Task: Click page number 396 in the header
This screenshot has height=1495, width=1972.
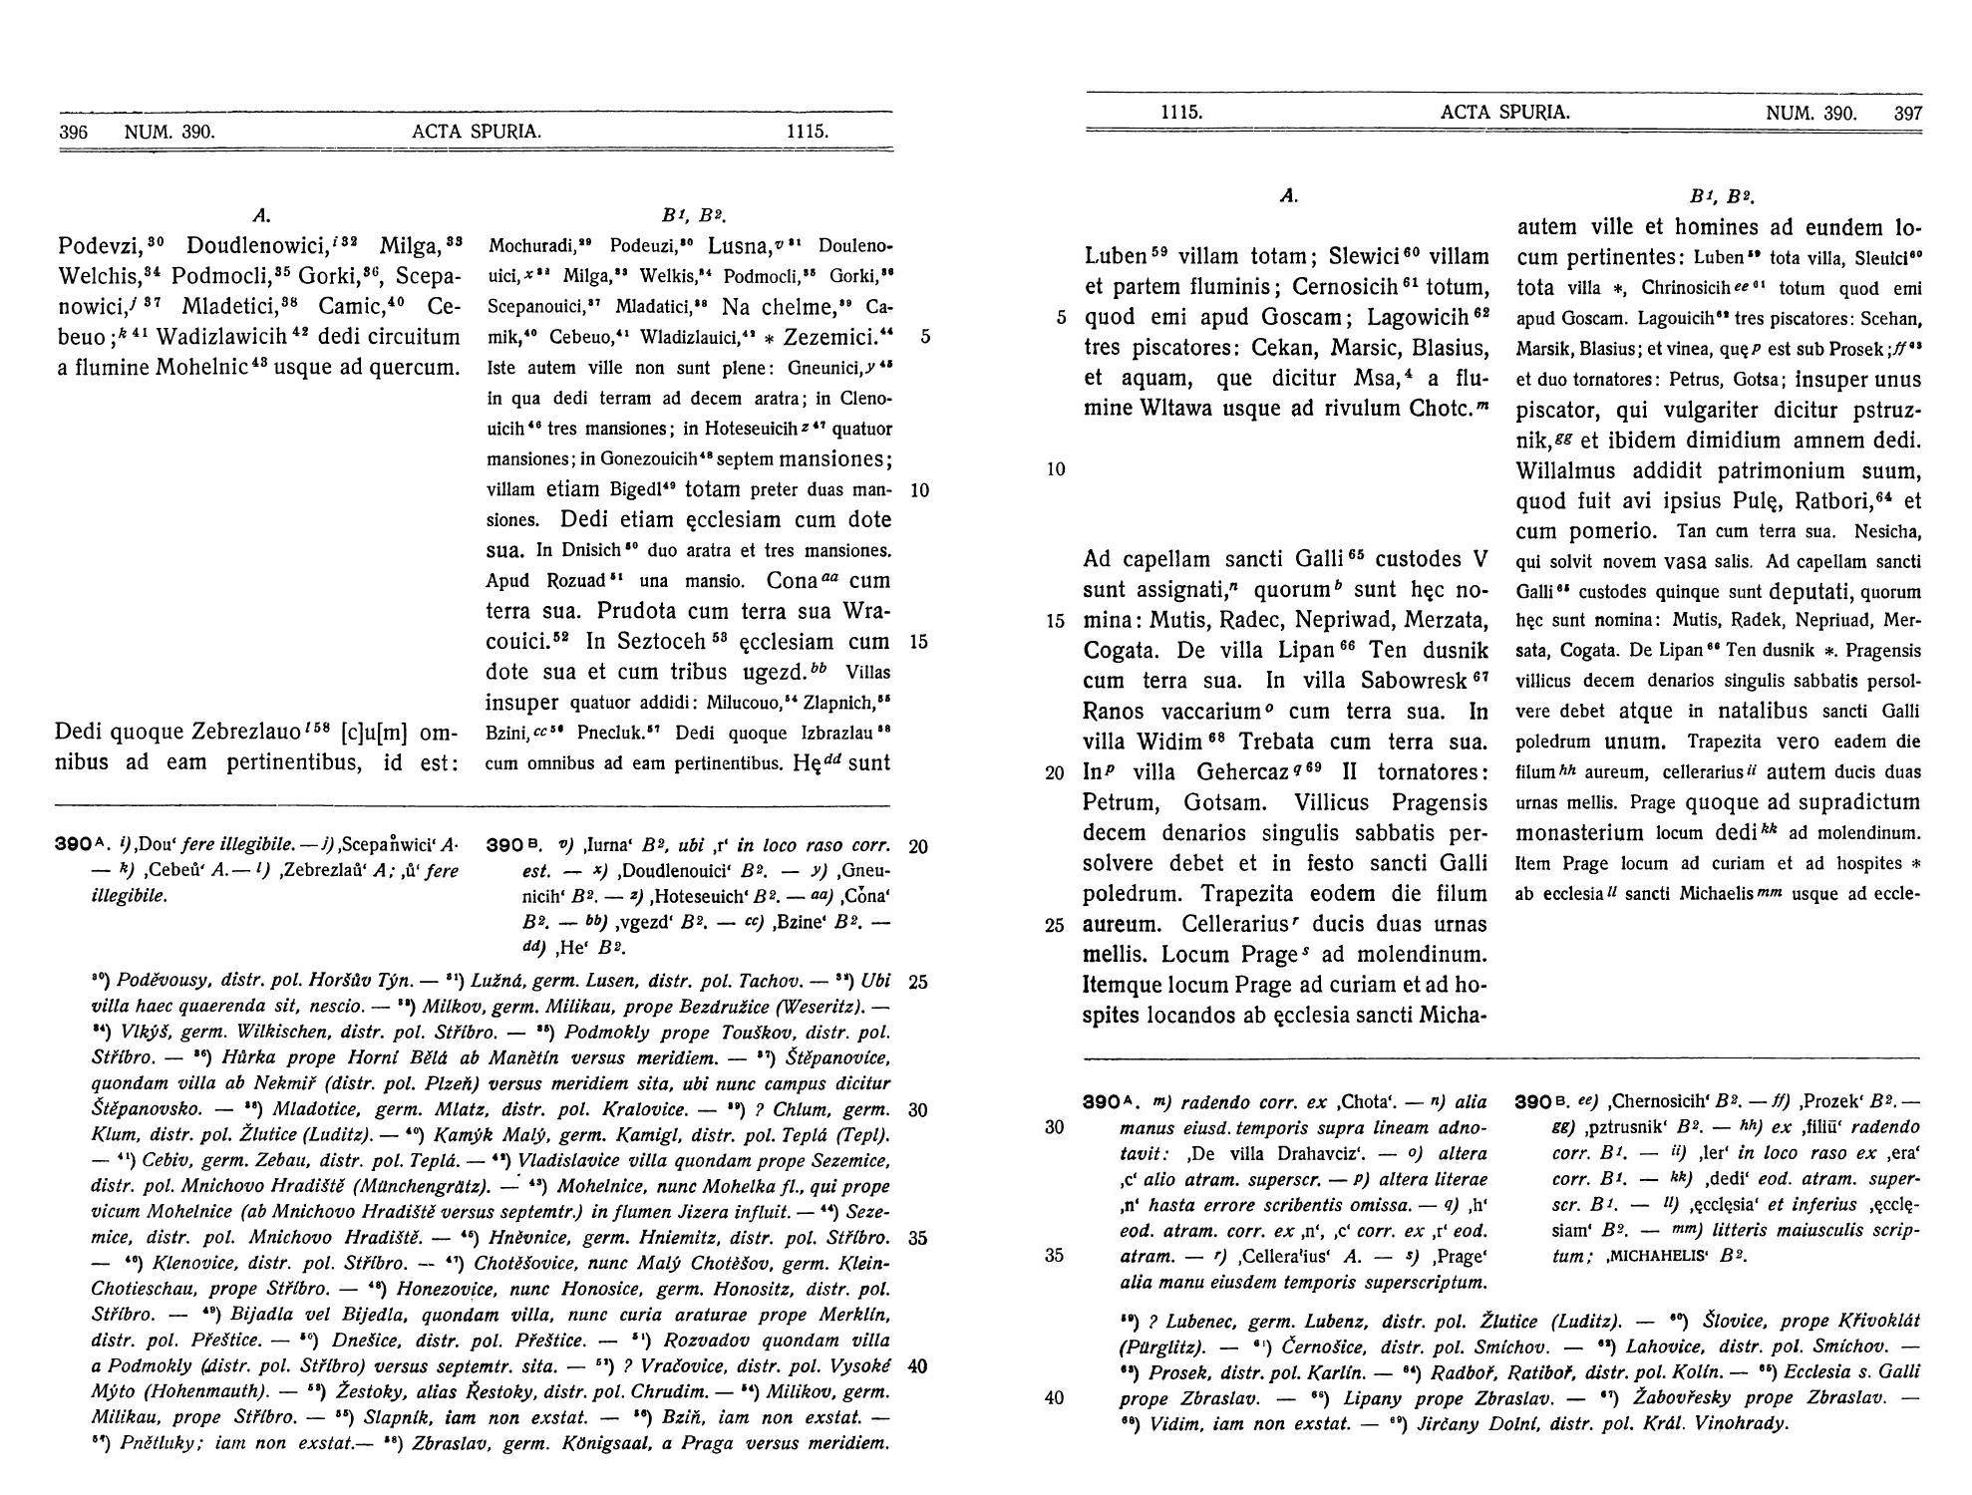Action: pos(74,132)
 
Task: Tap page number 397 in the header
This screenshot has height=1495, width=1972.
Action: pos(1907,114)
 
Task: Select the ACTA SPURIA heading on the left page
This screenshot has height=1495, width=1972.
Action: pos(477,132)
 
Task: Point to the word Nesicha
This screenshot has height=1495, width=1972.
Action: pos(1888,531)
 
